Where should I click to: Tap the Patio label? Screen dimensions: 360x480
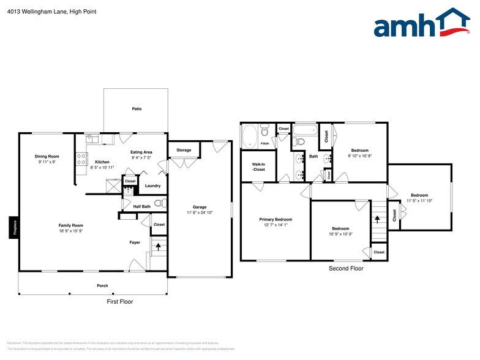click(x=137, y=109)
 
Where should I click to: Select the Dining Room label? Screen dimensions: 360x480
click(x=47, y=157)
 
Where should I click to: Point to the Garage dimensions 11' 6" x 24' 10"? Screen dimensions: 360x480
click(x=199, y=212)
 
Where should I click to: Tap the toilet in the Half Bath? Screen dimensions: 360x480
click(x=159, y=204)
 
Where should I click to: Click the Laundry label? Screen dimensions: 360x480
click(x=152, y=186)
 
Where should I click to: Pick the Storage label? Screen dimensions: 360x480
click(x=184, y=150)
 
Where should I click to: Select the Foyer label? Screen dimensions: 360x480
click(x=135, y=242)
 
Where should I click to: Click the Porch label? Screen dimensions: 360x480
click(x=102, y=286)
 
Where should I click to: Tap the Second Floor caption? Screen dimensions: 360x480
click(x=346, y=269)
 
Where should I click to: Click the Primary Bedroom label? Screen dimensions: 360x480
click(x=275, y=219)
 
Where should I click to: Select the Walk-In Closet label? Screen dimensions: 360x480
click(x=258, y=167)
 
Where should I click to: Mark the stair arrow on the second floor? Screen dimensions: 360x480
click(x=378, y=217)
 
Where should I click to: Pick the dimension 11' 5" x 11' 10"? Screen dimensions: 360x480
click(x=419, y=201)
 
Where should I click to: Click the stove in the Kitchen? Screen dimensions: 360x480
click(x=81, y=159)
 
